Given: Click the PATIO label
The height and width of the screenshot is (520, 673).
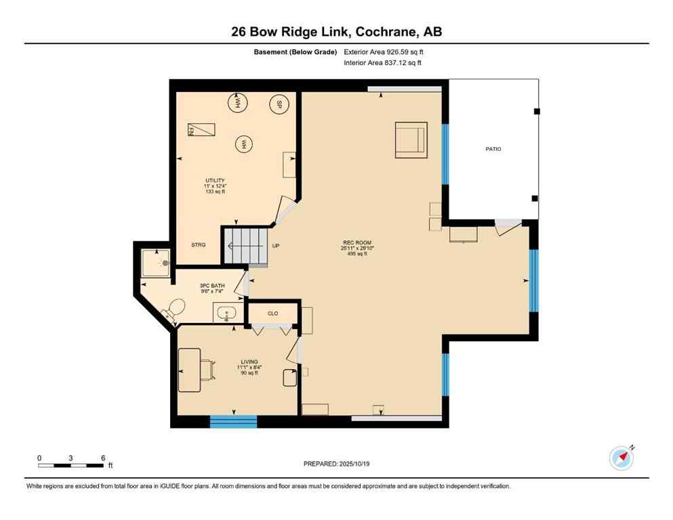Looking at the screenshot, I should (x=493, y=149).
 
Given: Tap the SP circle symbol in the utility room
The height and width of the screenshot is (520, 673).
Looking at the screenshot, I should (x=277, y=105).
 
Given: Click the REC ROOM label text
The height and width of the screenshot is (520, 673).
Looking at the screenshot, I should (x=356, y=242).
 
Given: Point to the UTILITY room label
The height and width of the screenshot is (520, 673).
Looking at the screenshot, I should (x=215, y=180).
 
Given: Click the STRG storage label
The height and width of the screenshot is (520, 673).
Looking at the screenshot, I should (x=198, y=245).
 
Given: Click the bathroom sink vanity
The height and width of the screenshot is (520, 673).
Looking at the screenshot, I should (x=226, y=313).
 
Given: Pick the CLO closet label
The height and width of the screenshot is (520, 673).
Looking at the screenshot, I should (x=273, y=313).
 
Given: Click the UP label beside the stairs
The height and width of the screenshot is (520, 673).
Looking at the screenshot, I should (x=276, y=246).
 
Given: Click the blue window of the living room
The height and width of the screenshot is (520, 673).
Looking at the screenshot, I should (x=233, y=422).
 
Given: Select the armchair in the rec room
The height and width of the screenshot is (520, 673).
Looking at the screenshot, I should (x=411, y=140).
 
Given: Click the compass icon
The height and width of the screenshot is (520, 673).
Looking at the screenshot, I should (x=621, y=458).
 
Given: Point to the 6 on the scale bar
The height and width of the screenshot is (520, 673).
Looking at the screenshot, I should (x=103, y=458).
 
